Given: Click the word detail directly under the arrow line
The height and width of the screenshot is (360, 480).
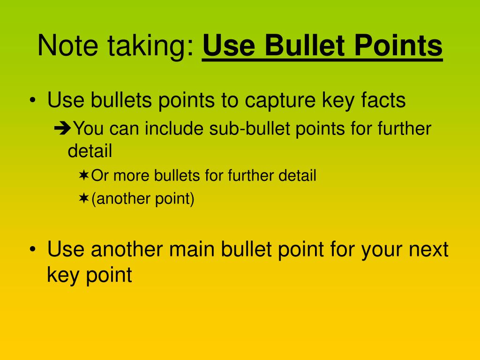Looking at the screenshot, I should tap(90, 151).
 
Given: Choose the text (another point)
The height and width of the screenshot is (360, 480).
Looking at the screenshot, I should tap(143, 199).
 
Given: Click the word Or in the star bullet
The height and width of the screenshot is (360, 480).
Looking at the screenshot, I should tap(100, 176).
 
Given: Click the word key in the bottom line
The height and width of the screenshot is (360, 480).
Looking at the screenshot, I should tap(62, 275).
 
